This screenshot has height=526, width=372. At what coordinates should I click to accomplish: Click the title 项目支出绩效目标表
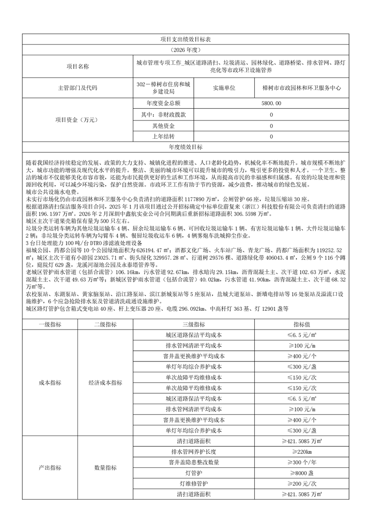(x=186, y=41)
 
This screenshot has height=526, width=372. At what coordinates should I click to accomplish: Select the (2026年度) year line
(x=186, y=50)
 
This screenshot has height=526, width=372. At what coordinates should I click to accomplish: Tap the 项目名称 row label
(x=77, y=67)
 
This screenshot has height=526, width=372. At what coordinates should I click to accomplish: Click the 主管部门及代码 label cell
(x=77, y=88)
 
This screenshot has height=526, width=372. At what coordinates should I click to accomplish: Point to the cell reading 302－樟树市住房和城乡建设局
(x=163, y=88)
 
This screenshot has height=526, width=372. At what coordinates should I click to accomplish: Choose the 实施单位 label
(x=224, y=88)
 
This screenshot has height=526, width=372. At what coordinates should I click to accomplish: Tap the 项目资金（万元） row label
(x=77, y=120)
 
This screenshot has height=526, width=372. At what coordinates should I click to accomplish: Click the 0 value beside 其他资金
(x=272, y=126)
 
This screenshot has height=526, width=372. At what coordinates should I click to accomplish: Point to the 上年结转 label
(x=164, y=136)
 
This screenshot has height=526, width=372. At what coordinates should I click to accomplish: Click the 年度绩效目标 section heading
(x=186, y=147)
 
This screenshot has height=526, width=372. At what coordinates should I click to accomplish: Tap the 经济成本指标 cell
(x=105, y=383)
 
